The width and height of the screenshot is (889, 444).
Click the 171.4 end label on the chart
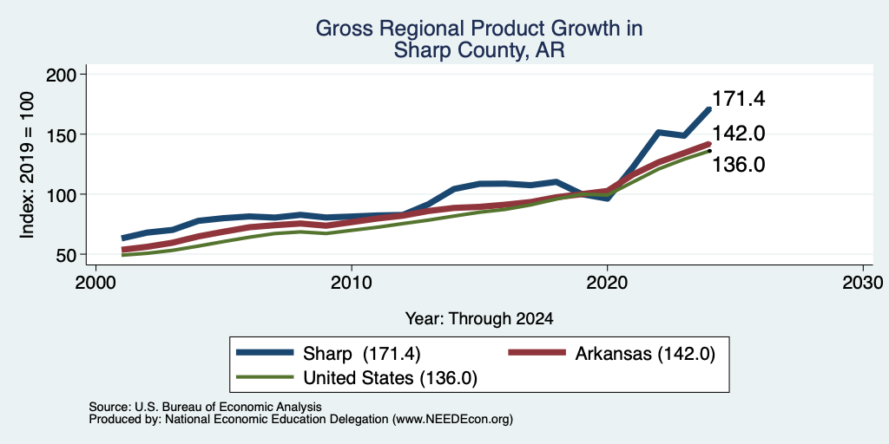tap(738, 99)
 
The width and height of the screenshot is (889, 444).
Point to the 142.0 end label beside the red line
tap(738, 134)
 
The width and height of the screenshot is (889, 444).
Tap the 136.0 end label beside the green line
tap(738, 165)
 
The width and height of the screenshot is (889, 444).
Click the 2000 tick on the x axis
tap(95, 282)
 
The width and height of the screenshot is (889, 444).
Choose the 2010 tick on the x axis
tap(352, 282)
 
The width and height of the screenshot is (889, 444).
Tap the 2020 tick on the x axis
tap(607, 282)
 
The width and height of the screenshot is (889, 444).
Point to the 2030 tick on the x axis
tap(863, 282)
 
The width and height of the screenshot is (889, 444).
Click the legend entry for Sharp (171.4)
tap(328, 354)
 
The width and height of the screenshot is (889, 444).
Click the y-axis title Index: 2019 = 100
tap(27, 165)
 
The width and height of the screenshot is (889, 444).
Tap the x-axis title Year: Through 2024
tap(479, 319)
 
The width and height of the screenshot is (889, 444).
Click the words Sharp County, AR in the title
tap(479, 50)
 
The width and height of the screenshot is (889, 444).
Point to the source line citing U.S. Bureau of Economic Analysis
tap(205, 407)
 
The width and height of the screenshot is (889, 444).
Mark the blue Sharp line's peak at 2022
tap(658, 133)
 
